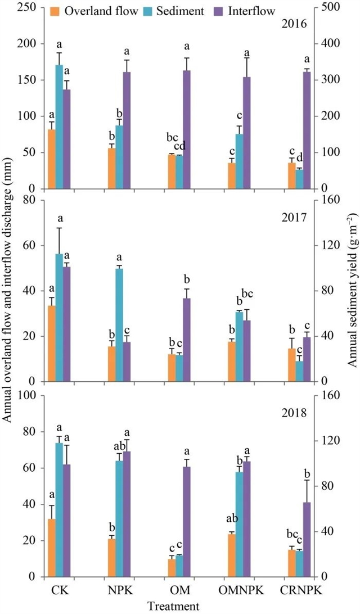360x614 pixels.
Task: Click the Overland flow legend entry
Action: tap(94, 11)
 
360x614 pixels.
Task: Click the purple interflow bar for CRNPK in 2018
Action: tap(307, 539)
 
